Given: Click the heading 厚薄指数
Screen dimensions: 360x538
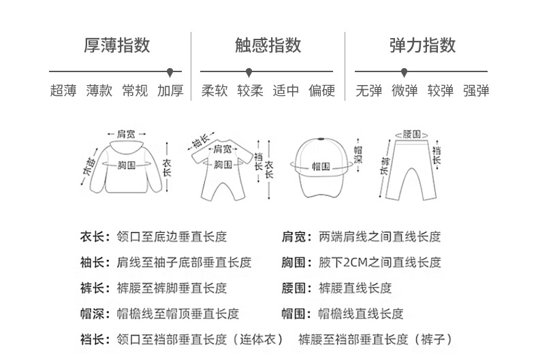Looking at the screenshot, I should coord(116,46).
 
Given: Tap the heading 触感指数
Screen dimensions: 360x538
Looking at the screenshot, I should coord(268,46).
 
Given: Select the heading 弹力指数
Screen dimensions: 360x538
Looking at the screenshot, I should coord(422,46).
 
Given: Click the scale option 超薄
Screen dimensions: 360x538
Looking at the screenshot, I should coord(63,91).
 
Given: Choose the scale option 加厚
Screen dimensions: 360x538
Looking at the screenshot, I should coord(170,91).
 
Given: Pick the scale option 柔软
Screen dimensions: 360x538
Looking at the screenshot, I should coord(215,91).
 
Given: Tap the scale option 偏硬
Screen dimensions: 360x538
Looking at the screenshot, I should coord(321,91).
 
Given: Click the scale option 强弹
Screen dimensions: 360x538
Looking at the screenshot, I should coord(476,91).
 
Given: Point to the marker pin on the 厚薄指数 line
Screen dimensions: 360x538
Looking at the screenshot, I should coord(170,71).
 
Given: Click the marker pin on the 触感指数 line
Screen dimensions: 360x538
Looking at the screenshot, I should coord(249,71).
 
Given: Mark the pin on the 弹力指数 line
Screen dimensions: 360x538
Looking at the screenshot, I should coord(404,71).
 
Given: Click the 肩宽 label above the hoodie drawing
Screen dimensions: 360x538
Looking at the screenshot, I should coord(126,134).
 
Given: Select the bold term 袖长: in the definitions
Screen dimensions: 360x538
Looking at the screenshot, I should coord(93,262).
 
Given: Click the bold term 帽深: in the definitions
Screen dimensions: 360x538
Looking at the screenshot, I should coord(93,314).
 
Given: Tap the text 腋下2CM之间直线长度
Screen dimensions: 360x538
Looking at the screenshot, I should coord(380,262).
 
